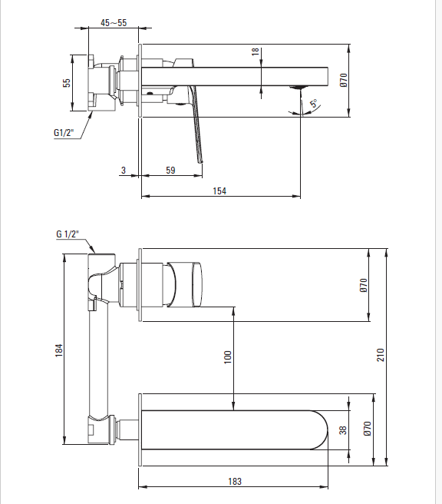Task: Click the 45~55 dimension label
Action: (x=114, y=23)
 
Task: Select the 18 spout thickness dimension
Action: (x=256, y=51)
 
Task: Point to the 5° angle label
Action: (x=314, y=104)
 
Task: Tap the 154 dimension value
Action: (x=219, y=191)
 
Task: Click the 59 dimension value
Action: (x=170, y=171)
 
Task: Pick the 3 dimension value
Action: (x=124, y=171)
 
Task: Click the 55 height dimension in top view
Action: (x=67, y=83)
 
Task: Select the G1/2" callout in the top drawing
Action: (x=64, y=132)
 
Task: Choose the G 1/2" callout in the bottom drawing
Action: (x=68, y=234)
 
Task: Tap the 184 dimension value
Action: (x=59, y=350)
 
